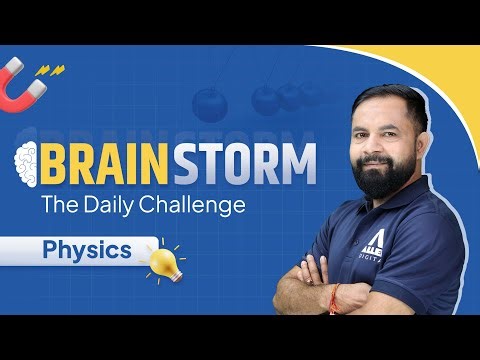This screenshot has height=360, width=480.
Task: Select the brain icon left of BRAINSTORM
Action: coord(29,163)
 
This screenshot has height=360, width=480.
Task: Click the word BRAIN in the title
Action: coord(111,163)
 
